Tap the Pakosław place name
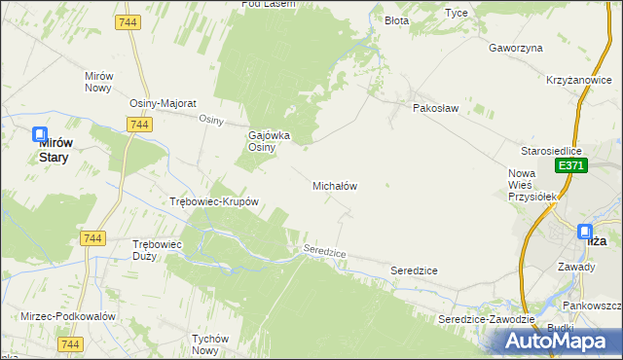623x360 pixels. [435, 108]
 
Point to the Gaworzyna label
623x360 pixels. [516, 47]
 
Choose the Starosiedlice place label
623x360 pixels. [551, 152]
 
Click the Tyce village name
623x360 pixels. [456, 13]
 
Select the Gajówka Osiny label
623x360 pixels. [270, 141]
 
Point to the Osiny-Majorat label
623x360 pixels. [164, 103]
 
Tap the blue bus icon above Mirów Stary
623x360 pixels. [40, 135]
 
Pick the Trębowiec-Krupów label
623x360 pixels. [213, 202]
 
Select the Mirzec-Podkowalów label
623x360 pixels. [68, 317]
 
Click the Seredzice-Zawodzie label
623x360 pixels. [487, 319]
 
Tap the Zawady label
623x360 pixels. [576, 266]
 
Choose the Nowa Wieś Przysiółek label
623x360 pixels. [531, 185]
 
